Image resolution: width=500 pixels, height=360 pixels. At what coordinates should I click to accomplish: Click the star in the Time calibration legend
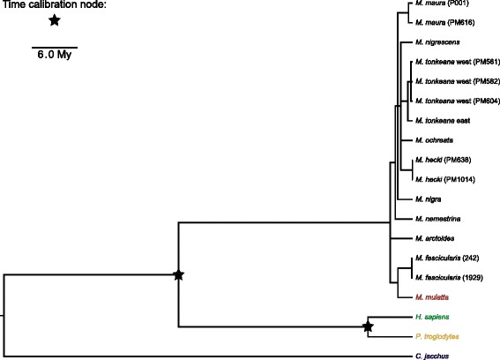pyautogui.click(x=55, y=20)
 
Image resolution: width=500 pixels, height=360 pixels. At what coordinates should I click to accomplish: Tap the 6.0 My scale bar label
pyautogui.click(x=55, y=55)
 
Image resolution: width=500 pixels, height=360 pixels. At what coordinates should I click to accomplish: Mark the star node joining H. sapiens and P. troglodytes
pyautogui.click(x=368, y=328)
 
